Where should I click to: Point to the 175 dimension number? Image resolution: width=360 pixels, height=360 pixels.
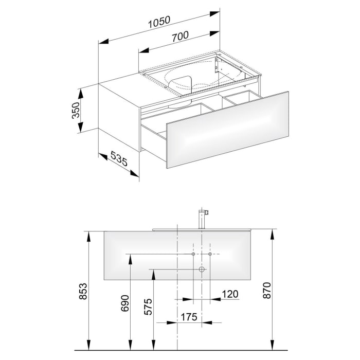(189, 317)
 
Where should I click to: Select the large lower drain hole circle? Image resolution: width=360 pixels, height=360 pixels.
(202, 269)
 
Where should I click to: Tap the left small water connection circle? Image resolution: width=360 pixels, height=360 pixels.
(193, 255)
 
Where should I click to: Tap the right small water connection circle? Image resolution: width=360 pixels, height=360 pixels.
(210, 255)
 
